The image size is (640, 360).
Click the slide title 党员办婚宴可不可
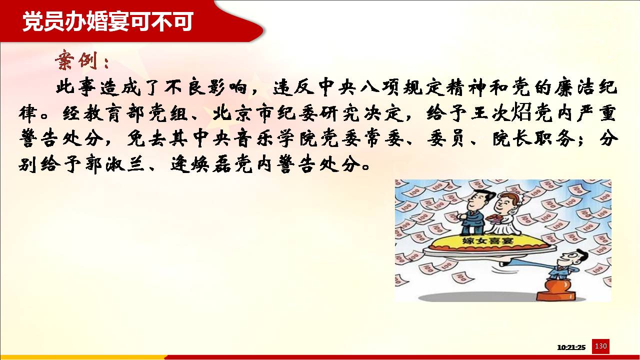coord(108,21)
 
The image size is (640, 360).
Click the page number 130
coord(600,346)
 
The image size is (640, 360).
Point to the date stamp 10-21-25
coord(571,347)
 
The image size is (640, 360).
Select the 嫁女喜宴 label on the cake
coord(487,240)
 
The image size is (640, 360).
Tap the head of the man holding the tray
coord(574,258)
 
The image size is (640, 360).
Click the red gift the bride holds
coord(493,219)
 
